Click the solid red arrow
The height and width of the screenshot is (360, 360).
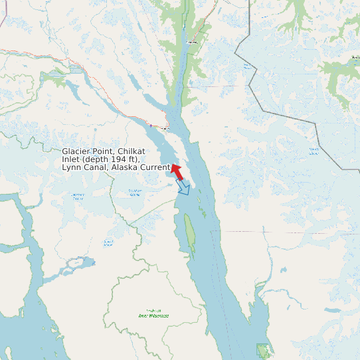click(177, 171)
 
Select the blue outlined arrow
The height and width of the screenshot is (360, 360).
click(183, 189)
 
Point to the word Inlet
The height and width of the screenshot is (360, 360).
click(72, 159)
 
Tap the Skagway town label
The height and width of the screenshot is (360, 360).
click(193, 43)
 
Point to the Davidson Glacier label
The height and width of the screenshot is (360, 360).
click(135, 193)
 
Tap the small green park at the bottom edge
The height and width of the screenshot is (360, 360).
click(264, 350)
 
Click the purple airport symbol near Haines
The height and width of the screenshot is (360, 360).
click(151, 125)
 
